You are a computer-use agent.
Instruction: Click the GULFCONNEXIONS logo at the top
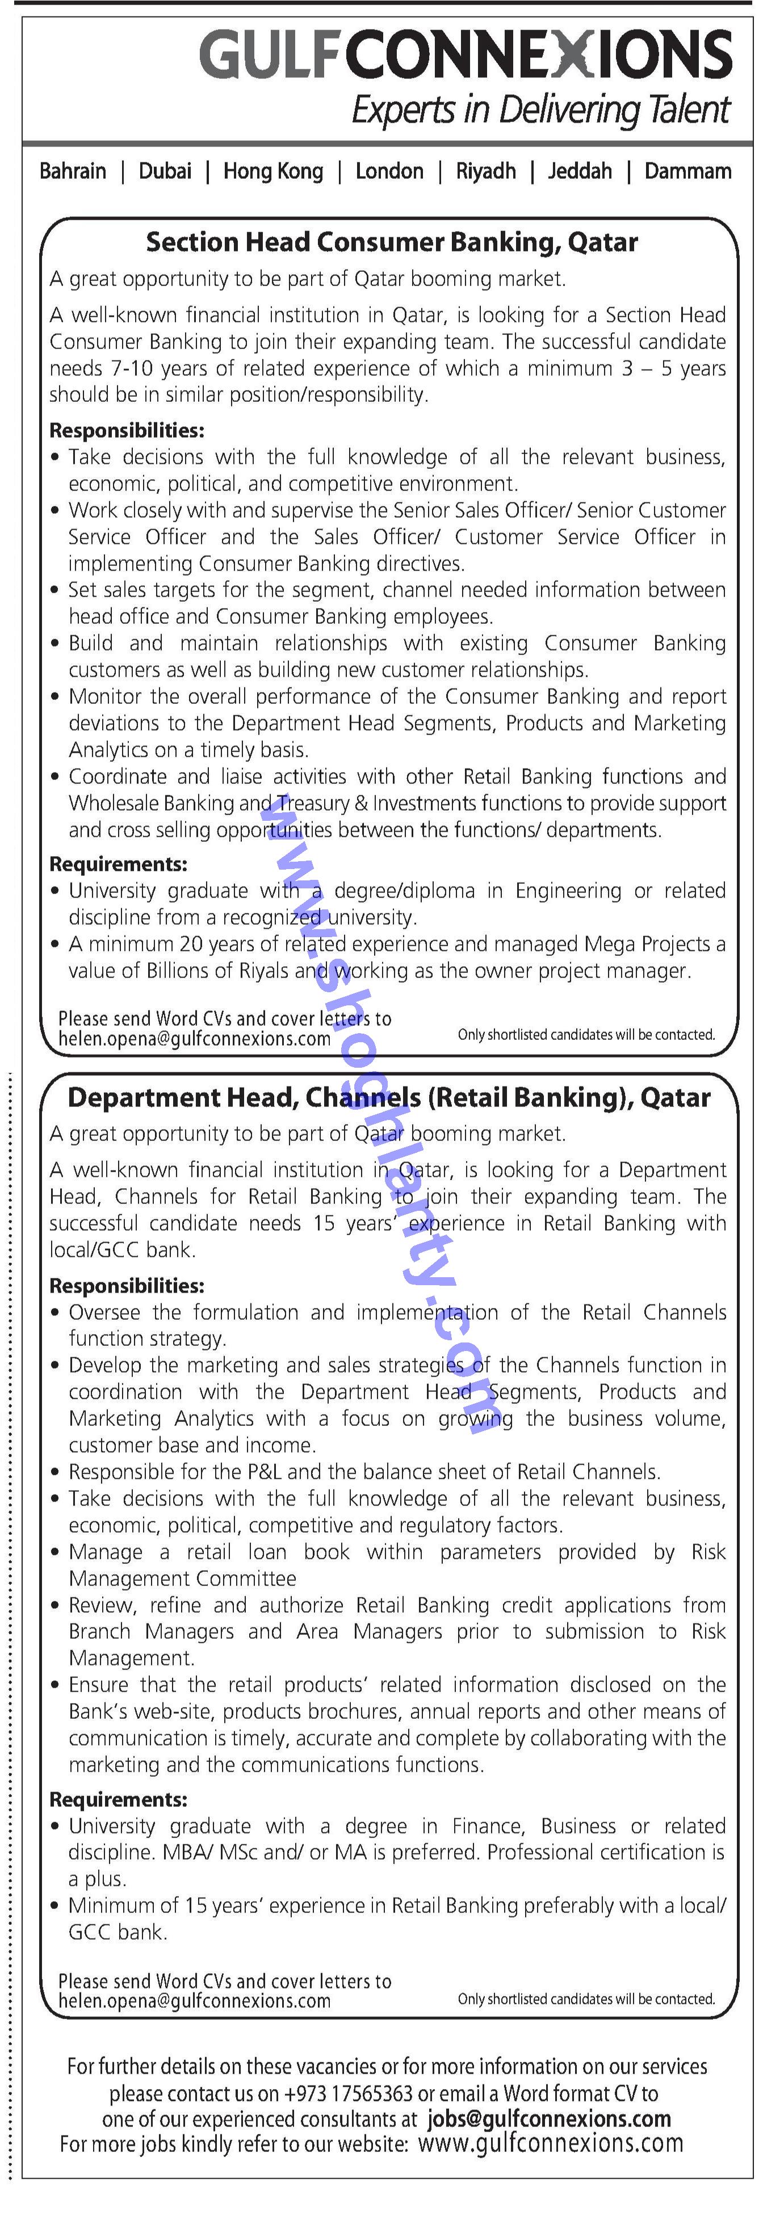tap(466, 54)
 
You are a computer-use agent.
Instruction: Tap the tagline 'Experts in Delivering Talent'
tap(540, 110)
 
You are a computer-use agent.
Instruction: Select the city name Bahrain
tap(73, 171)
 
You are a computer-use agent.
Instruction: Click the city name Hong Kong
tap(273, 171)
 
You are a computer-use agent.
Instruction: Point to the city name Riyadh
tap(486, 171)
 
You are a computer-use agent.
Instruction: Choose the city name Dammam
tap(687, 171)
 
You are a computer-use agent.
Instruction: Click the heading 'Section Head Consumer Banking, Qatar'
tap(392, 242)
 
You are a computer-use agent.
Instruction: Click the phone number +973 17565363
tap(348, 2093)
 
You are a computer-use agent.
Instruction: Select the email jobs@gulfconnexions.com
tap(549, 2120)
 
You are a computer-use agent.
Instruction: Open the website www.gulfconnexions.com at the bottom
tap(550, 2145)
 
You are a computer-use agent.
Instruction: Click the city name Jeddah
tap(580, 171)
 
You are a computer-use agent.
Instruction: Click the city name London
tap(389, 171)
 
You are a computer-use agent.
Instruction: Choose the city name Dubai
tap(165, 171)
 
